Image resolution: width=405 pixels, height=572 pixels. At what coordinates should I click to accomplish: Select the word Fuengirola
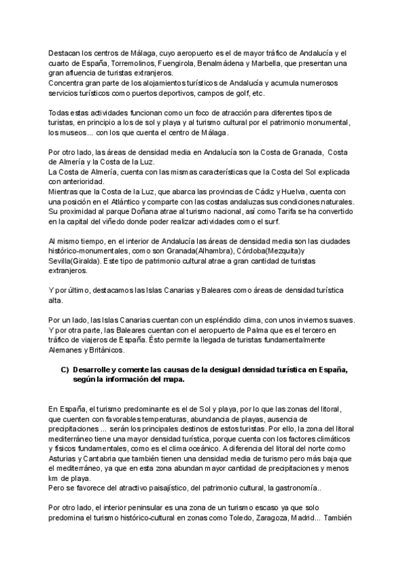152,63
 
